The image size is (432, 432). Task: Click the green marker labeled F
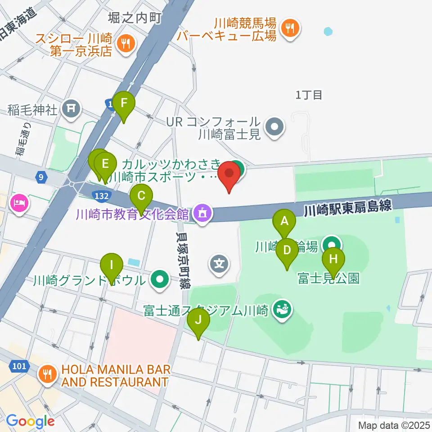coord(123,105)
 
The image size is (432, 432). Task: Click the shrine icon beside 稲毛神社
coord(71,108)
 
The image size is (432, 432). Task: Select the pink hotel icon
coord(19,204)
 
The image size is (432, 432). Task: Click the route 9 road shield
coord(41,177)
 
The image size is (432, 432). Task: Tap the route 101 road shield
coord(19,366)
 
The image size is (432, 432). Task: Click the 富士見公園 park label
coord(328,279)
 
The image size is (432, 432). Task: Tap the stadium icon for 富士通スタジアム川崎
coord(283,310)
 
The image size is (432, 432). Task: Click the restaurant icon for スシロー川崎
coord(125,44)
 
